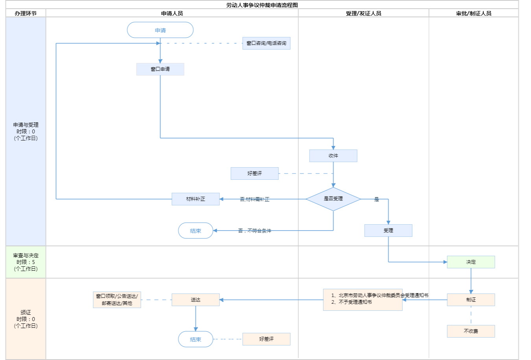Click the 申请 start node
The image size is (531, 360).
[x=160, y=30]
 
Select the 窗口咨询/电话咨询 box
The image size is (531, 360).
[x=266, y=43]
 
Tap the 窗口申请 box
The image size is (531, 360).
[x=160, y=69]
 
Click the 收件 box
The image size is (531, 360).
[x=333, y=156]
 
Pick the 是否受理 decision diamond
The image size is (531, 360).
[x=333, y=199]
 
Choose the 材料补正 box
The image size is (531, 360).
[x=195, y=199]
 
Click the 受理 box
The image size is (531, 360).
[x=388, y=231]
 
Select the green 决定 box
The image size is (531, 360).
[x=471, y=262]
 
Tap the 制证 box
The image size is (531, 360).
[x=471, y=300]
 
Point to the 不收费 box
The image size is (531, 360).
[x=471, y=331]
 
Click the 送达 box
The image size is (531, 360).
[x=195, y=300]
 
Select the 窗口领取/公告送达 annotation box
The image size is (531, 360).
[x=117, y=300]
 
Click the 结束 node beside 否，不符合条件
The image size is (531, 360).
[x=195, y=231]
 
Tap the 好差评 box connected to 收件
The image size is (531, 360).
[x=254, y=174]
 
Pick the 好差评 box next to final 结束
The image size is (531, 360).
[x=266, y=339]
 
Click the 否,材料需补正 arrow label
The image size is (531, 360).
[x=254, y=199]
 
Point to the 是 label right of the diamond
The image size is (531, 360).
[x=376, y=199]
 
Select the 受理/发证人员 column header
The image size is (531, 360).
[x=363, y=13]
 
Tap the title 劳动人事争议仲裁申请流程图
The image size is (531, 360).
[x=262, y=5]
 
